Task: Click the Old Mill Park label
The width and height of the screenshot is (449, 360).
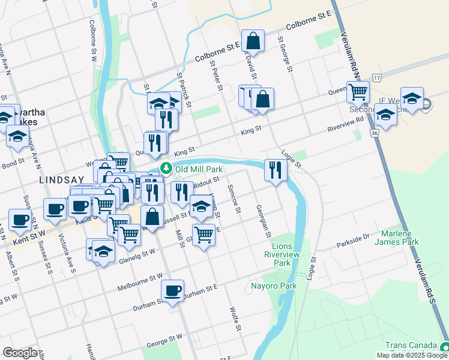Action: point(194,169)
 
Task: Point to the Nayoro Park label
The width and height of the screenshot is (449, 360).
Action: point(274,286)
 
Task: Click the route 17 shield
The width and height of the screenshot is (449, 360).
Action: point(376,79)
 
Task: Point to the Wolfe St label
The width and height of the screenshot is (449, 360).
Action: point(235,319)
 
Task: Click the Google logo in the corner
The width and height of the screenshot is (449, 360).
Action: point(20,353)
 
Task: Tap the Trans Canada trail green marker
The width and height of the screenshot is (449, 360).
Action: point(444,347)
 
